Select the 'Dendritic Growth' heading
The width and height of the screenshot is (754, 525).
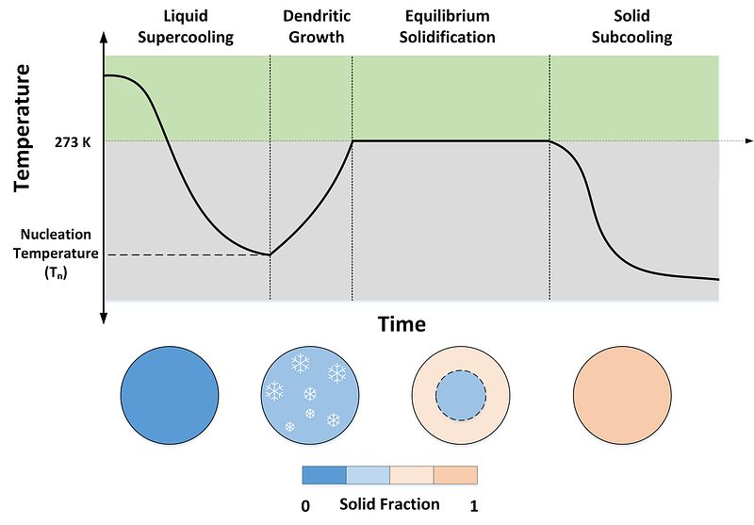click(x=314, y=27)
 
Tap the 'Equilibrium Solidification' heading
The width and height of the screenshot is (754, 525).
click(x=450, y=27)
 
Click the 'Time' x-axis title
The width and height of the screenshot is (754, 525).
click(x=402, y=324)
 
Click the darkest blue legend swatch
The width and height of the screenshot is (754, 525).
click(x=324, y=473)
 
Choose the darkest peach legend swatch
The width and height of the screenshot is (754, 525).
click(x=455, y=473)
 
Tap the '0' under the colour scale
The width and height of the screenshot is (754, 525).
click(x=305, y=506)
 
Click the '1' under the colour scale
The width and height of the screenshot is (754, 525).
click(x=473, y=506)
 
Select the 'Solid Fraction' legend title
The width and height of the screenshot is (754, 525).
click(x=389, y=504)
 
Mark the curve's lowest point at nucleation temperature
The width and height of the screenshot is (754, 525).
click(x=270, y=254)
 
